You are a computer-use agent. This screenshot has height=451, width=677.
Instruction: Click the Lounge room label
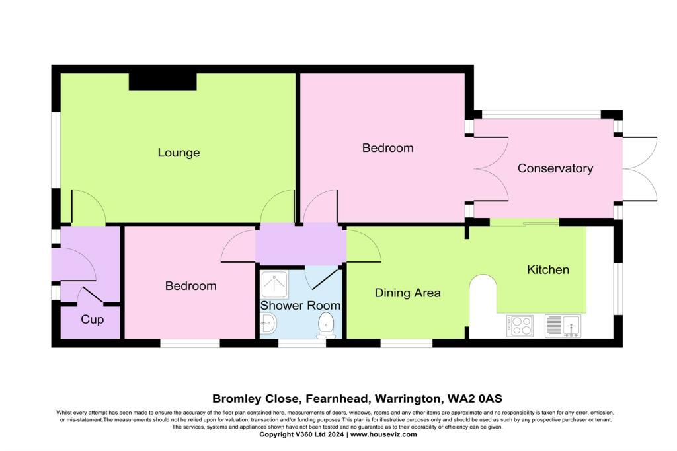point(179,153)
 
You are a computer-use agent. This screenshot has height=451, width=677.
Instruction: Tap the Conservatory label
point(555,168)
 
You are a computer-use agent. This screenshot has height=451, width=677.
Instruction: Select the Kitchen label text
point(547,269)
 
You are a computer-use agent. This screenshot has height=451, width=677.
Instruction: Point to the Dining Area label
point(407,293)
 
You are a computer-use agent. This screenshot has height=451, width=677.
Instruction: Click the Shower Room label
point(300,306)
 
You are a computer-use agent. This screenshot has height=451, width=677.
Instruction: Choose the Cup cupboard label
point(92,320)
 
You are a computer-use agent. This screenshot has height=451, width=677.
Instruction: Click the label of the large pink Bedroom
point(387,148)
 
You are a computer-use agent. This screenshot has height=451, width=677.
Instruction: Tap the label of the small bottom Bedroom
point(190,286)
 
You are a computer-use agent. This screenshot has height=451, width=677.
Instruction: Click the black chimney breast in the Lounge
point(163,81)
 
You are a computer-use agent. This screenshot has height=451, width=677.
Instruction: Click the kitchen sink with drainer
point(561,326)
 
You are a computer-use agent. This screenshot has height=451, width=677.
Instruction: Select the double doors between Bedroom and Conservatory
point(491,169)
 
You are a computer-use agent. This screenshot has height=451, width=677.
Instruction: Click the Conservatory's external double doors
point(639,168)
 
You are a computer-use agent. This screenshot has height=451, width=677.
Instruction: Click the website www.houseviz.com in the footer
point(383,434)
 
